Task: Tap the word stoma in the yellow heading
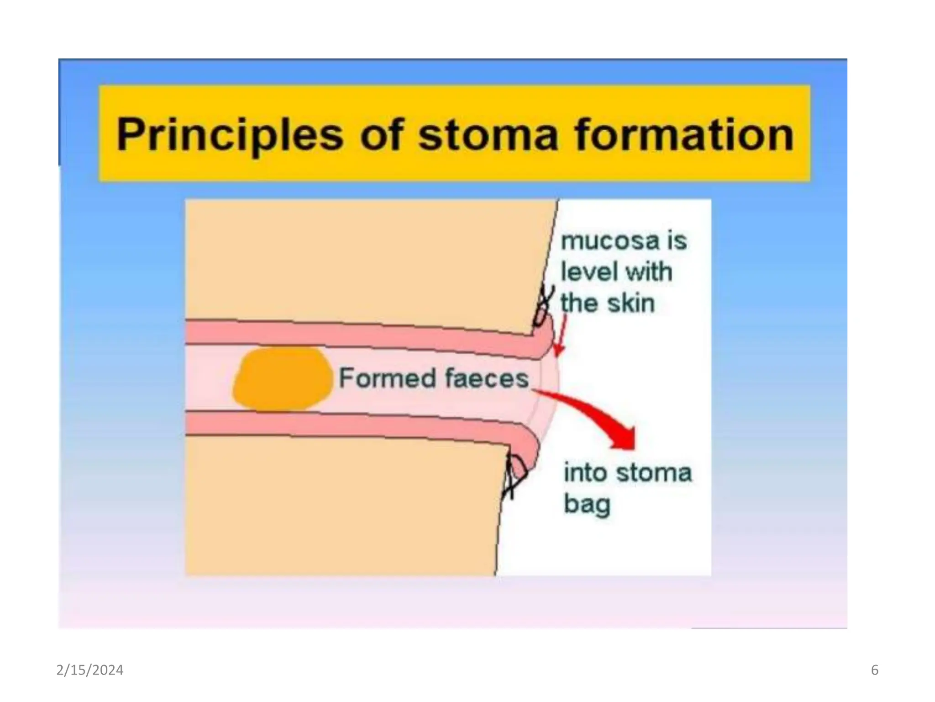[488, 135]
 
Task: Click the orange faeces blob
[282, 379]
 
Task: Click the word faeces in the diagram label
[486, 378]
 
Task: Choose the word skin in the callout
[632, 303]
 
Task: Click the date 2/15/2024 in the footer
[90, 670]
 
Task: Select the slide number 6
[874, 670]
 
